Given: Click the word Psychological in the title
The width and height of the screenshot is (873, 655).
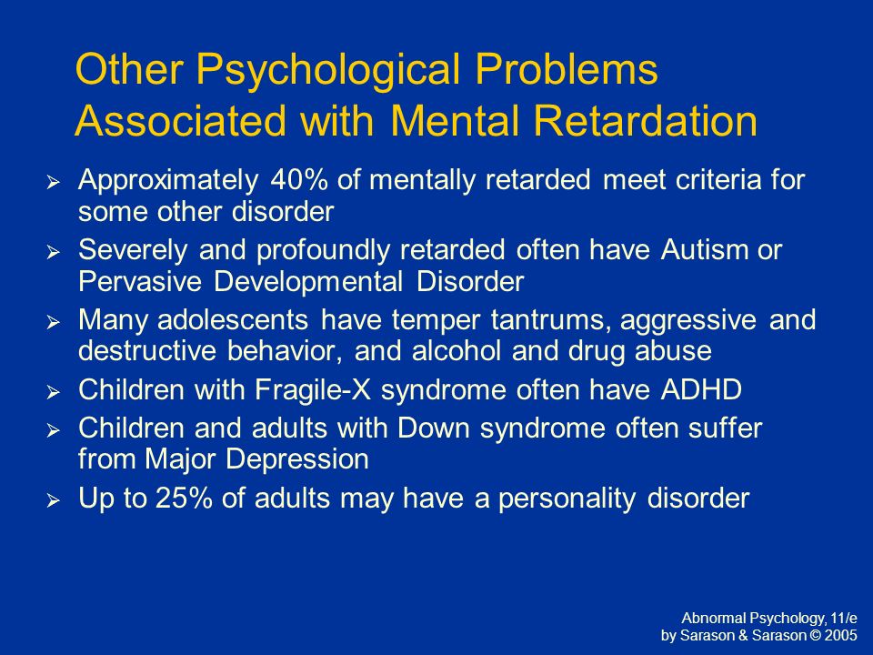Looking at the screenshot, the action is [x=328, y=71].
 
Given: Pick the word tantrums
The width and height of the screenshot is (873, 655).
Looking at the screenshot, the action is [x=550, y=320].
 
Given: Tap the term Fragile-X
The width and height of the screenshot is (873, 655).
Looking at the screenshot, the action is [x=313, y=389].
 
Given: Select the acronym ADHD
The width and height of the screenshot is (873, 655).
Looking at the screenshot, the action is [x=701, y=389].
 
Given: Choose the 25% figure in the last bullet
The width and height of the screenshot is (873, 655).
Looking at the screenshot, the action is [x=184, y=498].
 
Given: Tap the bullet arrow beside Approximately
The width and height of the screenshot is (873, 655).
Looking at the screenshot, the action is [x=53, y=182].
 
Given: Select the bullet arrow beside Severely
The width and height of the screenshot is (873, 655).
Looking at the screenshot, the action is [x=53, y=252].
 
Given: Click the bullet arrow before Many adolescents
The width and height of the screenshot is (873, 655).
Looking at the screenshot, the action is [x=53, y=322].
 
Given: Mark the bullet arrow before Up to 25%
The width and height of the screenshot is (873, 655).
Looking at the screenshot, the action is [x=53, y=500].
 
